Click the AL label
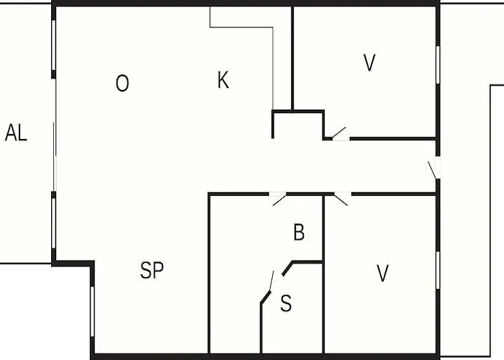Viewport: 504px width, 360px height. coord(16,132)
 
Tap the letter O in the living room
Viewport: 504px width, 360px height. coord(122,84)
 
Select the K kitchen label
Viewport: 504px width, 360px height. coord(223,80)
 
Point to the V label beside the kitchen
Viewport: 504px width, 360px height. coord(369,63)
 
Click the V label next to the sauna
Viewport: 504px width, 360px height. coord(382,273)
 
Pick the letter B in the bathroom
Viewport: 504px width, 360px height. coord(299,232)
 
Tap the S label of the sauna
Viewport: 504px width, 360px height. coord(286,303)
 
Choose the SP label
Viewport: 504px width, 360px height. coord(152,270)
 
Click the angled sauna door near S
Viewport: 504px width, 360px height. coord(271,281)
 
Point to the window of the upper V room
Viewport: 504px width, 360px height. coord(438,65)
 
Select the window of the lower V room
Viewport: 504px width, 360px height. coord(438,270)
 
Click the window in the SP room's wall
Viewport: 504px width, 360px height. coord(92,312)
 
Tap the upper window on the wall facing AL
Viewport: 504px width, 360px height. coord(54,45)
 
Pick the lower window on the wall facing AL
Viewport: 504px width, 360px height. coord(54,223)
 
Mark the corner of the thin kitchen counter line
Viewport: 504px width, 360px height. coord(273,27)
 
